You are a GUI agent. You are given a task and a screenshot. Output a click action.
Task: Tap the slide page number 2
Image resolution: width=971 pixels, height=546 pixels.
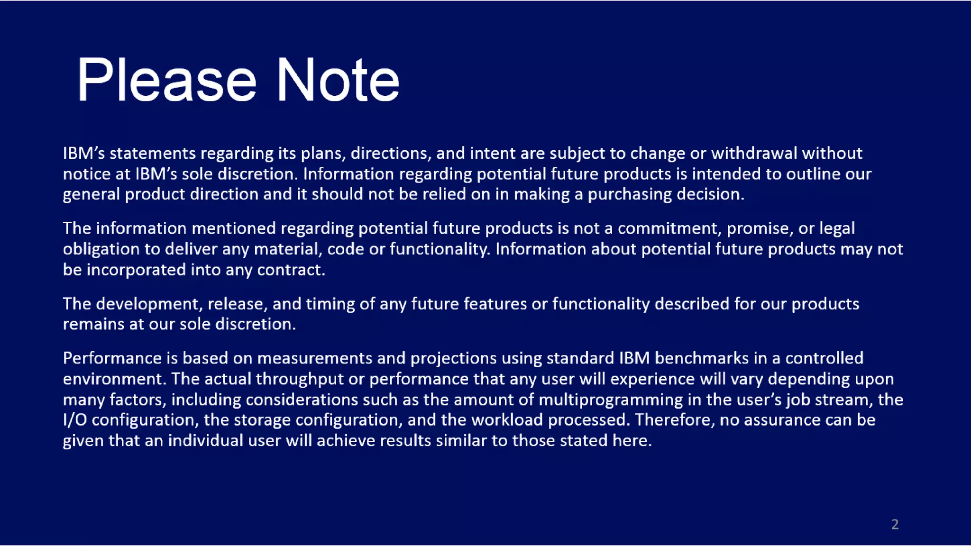click(x=895, y=524)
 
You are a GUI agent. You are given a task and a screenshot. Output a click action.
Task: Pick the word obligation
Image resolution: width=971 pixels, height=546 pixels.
click(x=101, y=250)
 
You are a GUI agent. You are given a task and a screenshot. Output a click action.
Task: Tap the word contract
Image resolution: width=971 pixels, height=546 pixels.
click(x=291, y=270)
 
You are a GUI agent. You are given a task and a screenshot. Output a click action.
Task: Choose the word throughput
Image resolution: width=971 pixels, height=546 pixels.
click(x=299, y=379)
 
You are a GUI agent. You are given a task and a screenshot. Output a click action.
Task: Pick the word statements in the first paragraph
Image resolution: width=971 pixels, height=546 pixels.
click(x=153, y=154)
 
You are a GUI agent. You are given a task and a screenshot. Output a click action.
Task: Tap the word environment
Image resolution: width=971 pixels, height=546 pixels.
click(x=114, y=379)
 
